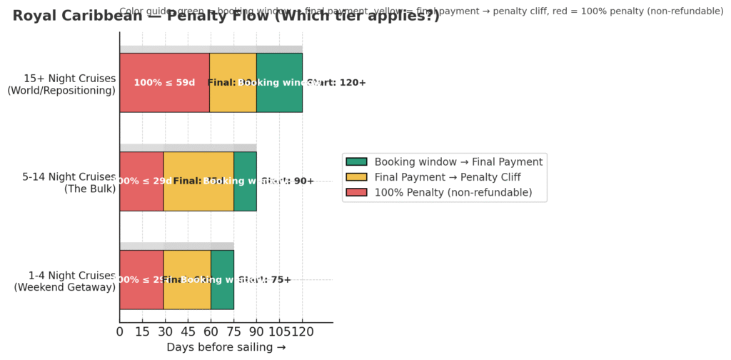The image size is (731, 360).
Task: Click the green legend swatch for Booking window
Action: coord(356,162)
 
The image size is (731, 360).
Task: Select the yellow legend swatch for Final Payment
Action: coord(356,177)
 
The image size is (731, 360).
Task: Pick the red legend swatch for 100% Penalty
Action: coord(356,192)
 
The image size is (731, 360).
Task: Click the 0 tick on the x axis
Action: coord(120,331)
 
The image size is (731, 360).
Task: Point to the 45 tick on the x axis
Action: coord(188,331)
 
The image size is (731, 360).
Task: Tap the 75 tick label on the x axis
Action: coord(233,331)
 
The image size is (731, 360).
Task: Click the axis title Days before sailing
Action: coord(226,347)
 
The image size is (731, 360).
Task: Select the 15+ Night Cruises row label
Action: coord(70,84)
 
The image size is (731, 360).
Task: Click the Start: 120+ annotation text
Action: coord(337,83)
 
